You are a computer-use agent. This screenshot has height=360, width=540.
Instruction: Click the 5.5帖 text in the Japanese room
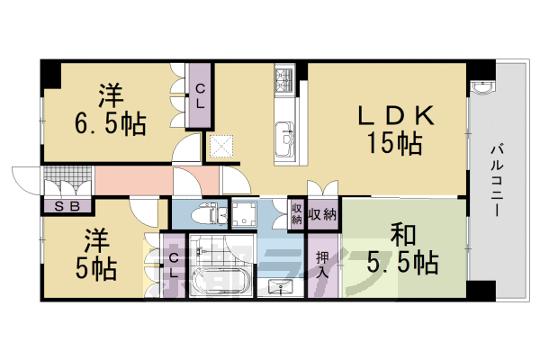[x=401, y=262]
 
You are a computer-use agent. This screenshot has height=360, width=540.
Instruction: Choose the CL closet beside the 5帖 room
[x=175, y=265]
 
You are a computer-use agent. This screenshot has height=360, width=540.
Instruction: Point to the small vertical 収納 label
[x=296, y=216]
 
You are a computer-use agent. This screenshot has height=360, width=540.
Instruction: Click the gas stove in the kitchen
[x=283, y=83]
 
